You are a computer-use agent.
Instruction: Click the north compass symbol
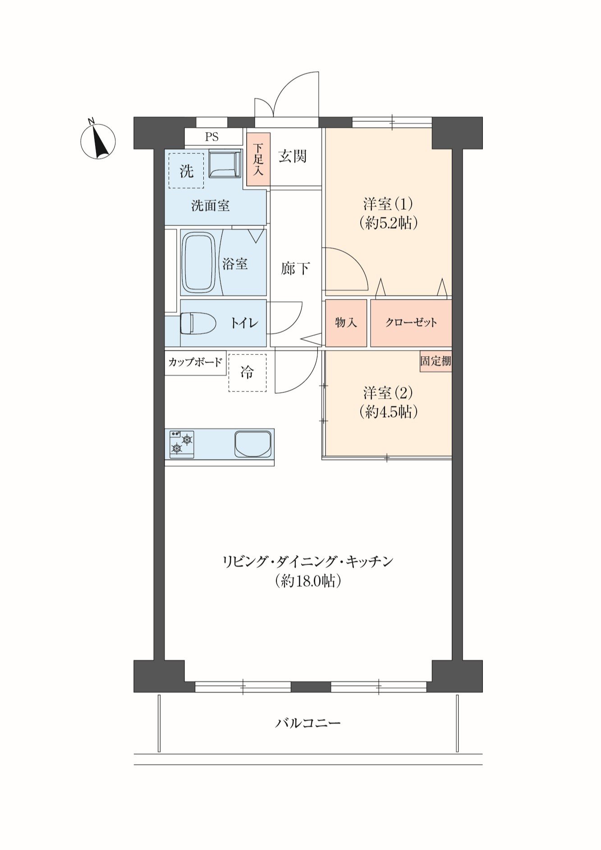tap(98, 141)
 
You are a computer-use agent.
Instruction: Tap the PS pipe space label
tap(212, 137)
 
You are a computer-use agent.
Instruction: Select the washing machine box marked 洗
tap(186, 170)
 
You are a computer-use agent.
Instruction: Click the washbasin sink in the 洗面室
tap(225, 165)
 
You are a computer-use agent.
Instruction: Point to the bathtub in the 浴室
tap(198, 263)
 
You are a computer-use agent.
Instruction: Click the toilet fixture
tap(198, 323)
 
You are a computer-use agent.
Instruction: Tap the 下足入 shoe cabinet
tap(258, 159)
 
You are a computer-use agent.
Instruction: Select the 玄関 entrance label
tap(293, 156)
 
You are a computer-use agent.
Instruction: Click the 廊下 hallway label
tap(295, 268)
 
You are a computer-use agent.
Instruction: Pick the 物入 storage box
tap(346, 323)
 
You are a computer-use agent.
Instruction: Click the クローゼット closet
tap(411, 323)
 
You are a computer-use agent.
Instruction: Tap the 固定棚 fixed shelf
tap(436, 361)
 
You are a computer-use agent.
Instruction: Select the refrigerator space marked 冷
tap(247, 372)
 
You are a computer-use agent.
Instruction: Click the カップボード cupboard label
tap(195, 362)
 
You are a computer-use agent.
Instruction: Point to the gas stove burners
tap(182, 444)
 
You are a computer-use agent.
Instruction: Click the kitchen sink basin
tap(254, 444)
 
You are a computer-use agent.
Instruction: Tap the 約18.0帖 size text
tap(308, 581)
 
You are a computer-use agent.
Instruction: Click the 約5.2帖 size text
tap(389, 223)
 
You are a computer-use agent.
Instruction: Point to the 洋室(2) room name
tap(389, 393)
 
